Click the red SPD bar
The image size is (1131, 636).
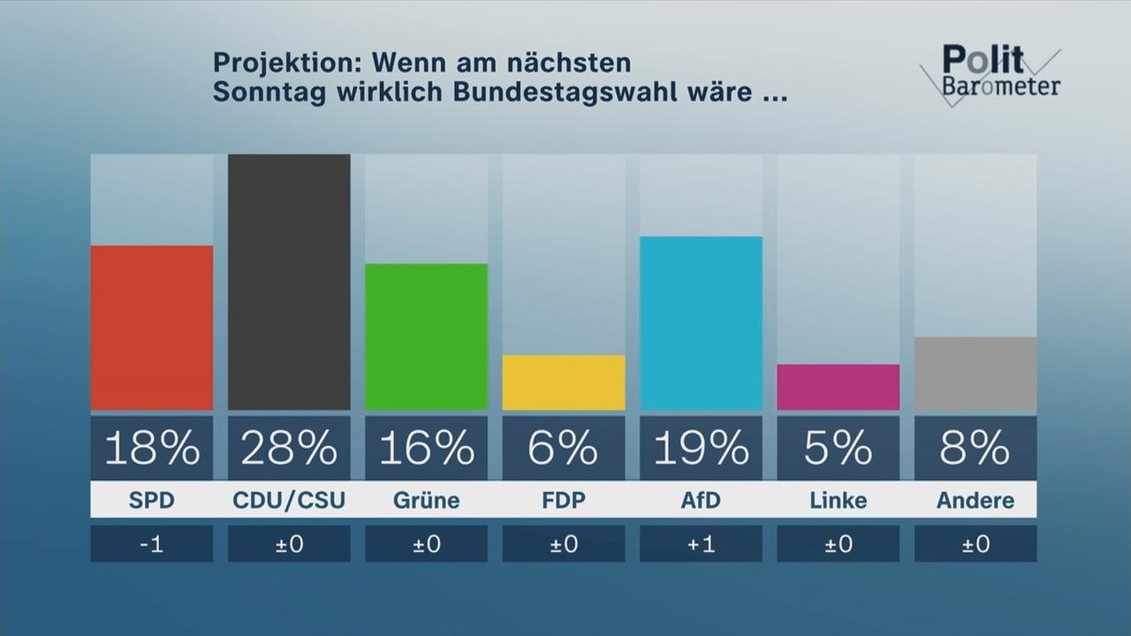[x=152, y=328]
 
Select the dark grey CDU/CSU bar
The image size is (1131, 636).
[x=289, y=282]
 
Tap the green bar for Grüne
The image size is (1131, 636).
[x=426, y=337]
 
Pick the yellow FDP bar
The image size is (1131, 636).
[x=564, y=382]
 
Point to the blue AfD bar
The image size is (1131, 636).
[x=701, y=323]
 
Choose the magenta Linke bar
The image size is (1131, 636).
[x=838, y=387]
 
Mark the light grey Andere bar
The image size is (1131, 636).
[x=975, y=374]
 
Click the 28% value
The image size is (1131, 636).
[x=289, y=449]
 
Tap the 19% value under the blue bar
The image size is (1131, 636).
[x=701, y=449]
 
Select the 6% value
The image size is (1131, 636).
[x=564, y=449]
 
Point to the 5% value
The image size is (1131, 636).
[x=838, y=449]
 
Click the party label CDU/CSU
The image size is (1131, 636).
[x=289, y=501]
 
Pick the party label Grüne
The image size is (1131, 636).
[x=426, y=501]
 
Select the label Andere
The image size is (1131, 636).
[x=975, y=501]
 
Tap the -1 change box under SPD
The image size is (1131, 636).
[x=152, y=544]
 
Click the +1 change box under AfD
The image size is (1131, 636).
[x=701, y=544]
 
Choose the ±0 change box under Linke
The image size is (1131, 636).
[x=838, y=544]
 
